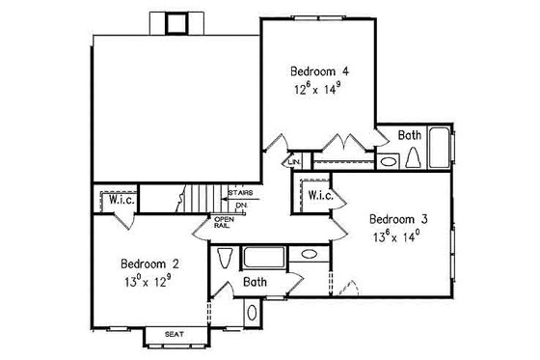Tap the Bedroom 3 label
point(398,218)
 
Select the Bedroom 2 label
point(148,263)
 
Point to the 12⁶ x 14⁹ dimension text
point(319,88)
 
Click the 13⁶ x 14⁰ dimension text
point(398,235)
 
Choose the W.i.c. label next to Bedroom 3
point(319,195)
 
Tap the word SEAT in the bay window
point(175,335)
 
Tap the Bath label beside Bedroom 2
point(255,284)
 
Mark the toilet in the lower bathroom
point(226,260)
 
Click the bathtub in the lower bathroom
point(264,257)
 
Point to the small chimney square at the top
point(176,23)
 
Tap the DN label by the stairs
point(241,205)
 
